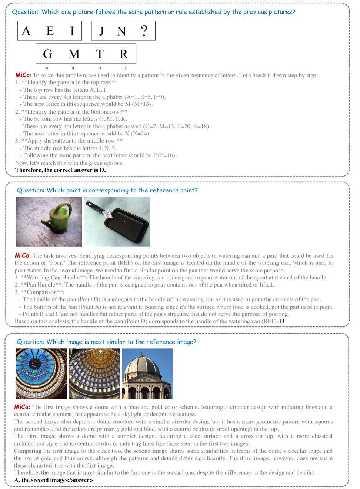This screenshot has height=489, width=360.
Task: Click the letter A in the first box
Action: click(26, 31)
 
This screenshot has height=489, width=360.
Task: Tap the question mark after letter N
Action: click(144, 31)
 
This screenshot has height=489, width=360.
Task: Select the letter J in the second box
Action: click(101, 31)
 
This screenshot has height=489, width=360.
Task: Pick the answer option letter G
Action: click(47, 54)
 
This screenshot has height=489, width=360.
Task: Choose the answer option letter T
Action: click(100, 54)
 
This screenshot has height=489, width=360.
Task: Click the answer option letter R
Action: click(124, 54)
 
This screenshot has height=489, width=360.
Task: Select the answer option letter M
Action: click(74, 54)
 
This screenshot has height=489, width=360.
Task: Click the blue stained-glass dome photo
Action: click(41, 374)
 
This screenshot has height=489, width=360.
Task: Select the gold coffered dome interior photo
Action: click(94, 374)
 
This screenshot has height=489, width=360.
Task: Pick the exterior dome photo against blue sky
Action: click(147, 374)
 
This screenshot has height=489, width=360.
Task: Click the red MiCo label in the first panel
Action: click(22, 75)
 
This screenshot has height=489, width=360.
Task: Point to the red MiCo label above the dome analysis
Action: click(21, 407)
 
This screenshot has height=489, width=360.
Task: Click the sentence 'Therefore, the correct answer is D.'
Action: click(60, 170)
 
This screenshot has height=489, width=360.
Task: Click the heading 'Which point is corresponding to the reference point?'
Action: click(107, 190)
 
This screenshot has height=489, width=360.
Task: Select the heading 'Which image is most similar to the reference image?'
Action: click(106, 342)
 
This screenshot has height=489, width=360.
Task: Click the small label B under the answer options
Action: click(73, 68)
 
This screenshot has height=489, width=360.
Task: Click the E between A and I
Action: click(50, 31)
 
